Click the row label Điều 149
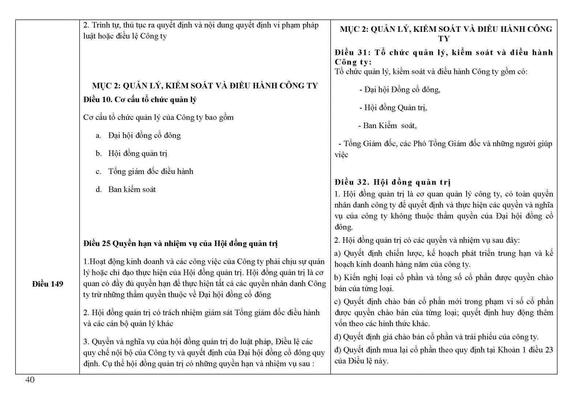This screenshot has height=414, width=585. coord(48,284)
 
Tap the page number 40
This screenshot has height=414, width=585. coord(30,380)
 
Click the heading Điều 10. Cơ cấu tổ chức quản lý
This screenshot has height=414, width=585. coord(140,100)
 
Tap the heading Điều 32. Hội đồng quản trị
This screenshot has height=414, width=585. coord(392,182)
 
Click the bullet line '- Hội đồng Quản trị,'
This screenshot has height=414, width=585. coord(393,108)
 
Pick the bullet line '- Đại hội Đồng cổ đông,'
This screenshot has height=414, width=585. coord(400,90)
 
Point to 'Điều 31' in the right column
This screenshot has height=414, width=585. coord(350,53)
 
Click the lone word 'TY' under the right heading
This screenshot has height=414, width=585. coord(444,39)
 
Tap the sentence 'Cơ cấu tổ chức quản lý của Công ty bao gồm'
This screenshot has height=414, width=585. coord(158,118)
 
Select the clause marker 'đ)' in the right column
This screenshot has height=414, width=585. coord(337,350)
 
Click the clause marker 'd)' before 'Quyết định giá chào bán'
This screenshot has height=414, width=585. coord(337,337)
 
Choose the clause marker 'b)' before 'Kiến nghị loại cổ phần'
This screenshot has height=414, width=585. coord(337,277)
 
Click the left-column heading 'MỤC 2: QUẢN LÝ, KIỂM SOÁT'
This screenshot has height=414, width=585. coord(205,86)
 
